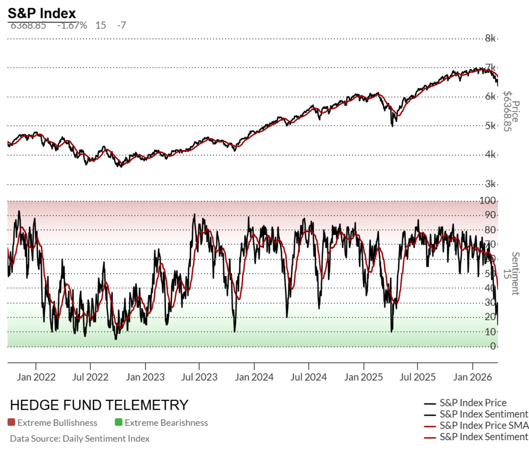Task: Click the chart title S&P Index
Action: (x=42, y=13)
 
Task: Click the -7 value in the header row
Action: (x=121, y=25)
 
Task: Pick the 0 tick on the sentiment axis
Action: (x=493, y=346)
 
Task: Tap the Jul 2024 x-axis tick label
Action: (x=309, y=377)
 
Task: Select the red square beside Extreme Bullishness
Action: (x=11, y=423)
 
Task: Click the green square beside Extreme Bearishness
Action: (x=118, y=423)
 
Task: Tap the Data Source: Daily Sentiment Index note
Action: (x=80, y=439)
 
